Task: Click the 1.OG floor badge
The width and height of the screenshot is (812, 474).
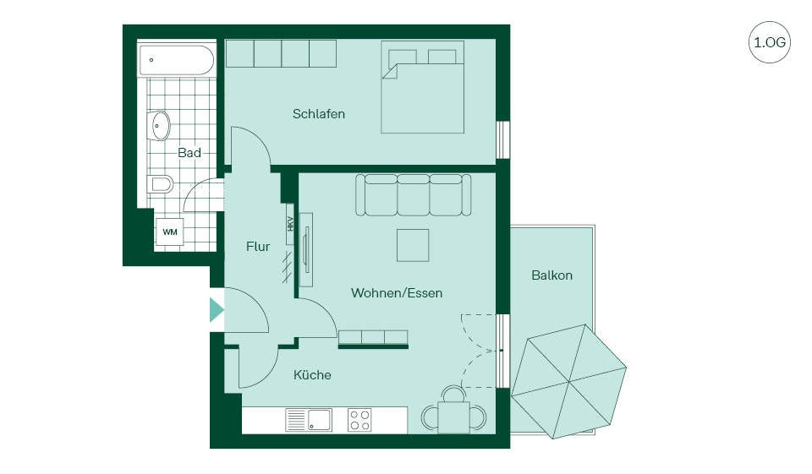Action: (770, 42)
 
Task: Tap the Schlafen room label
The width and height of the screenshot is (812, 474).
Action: (319, 114)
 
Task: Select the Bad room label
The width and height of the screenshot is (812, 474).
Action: (189, 153)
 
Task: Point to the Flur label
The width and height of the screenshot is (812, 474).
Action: (258, 247)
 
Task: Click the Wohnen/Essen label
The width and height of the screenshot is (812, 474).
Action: (397, 293)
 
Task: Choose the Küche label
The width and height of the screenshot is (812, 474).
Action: (312, 374)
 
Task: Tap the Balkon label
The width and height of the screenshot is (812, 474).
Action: (552, 275)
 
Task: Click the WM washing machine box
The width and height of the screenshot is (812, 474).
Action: (170, 232)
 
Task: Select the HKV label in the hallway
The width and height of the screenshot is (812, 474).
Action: (290, 224)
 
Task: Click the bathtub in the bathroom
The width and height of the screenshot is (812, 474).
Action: (177, 60)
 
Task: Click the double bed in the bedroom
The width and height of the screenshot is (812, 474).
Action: (423, 87)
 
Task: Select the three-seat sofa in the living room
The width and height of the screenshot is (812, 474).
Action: (414, 194)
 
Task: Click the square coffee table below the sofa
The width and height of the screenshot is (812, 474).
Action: (413, 245)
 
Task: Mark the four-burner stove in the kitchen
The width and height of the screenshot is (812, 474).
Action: (359, 420)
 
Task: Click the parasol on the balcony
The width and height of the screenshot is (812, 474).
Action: (568, 382)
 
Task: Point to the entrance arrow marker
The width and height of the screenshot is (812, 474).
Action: (217, 310)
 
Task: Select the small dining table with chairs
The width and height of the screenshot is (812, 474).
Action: (454, 412)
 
